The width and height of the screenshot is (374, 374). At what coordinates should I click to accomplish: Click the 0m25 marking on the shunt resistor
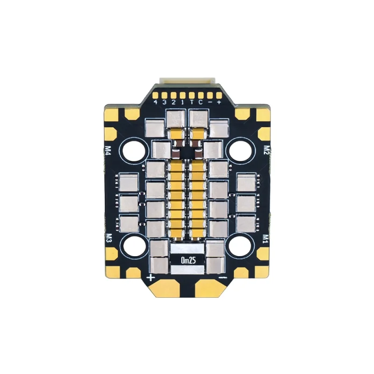(x=187, y=260)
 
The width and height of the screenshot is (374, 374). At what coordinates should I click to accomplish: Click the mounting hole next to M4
(x=134, y=151)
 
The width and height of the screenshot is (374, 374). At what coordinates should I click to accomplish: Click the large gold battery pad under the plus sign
(x=165, y=290)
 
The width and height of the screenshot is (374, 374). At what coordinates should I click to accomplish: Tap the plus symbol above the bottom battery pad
(x=151, y=278)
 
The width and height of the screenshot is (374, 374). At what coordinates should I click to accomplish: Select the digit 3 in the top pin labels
(x=165, y=102)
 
